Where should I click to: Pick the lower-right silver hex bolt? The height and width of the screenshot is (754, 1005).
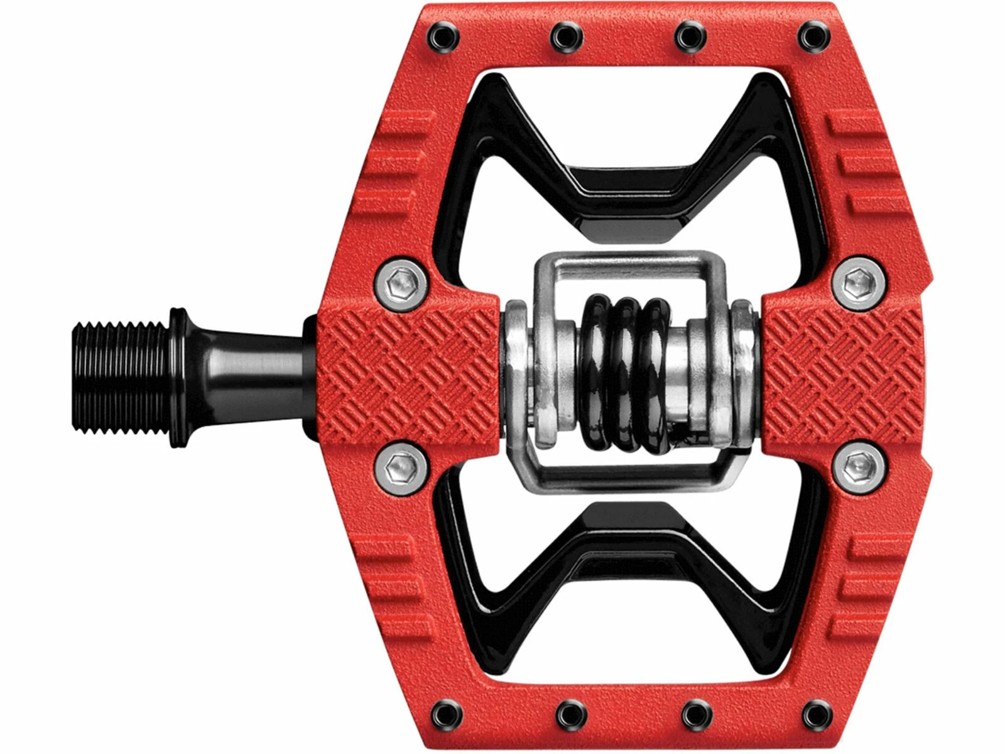pos(858,465)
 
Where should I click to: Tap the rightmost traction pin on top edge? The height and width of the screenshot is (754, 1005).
pos(810,36)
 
